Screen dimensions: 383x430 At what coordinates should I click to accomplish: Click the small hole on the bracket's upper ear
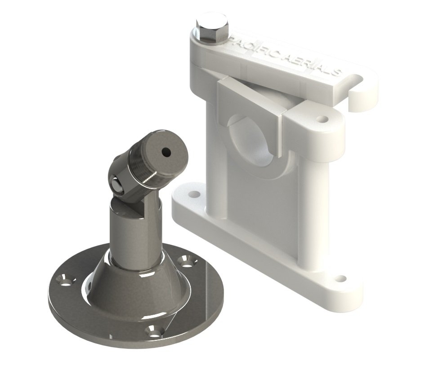coord(322,120)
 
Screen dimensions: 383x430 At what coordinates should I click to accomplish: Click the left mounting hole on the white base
coord(194,195)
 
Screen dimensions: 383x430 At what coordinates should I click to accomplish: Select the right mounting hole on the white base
coord(341,278)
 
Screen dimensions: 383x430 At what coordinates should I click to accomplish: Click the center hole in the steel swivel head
coord(166,151)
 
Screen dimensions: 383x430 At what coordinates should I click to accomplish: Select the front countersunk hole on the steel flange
coord(155,331)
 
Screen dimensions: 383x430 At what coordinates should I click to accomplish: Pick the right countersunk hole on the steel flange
coord(184,260)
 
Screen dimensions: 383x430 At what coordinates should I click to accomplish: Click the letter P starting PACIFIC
coord(233,41)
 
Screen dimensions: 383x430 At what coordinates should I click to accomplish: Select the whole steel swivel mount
coord(135,251)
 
